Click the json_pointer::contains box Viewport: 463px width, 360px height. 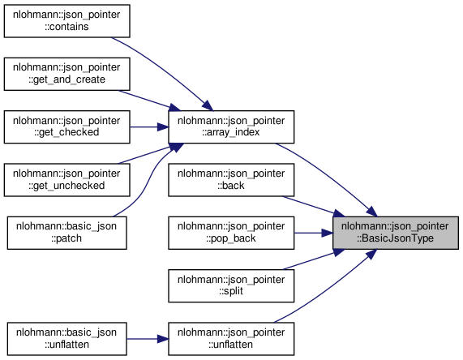click(67, 21)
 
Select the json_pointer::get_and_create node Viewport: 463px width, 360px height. click(67, 74)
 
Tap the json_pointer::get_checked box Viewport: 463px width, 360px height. click(67, 126)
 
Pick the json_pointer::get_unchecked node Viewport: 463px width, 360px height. click(67, 179)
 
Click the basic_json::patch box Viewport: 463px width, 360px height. click(67, 233)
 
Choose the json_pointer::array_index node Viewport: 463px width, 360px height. click(231, 126)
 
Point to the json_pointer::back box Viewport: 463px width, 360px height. click(231, 179)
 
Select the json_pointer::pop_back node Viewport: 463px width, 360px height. click(231, 233)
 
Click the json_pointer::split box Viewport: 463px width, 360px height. click(231, 285)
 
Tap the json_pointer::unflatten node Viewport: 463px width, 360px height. click(231, 339)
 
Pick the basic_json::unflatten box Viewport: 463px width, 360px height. click(67, 339)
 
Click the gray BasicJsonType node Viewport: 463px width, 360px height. click(396, 233)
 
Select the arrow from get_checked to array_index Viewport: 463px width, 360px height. click(149, 127)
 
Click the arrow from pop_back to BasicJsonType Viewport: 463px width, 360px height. click(314, 233)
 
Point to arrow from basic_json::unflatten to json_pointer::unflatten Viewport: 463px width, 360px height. click(148, 339)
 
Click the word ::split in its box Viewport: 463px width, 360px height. click(231, 291)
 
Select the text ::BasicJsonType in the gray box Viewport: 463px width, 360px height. click(395, 238)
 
